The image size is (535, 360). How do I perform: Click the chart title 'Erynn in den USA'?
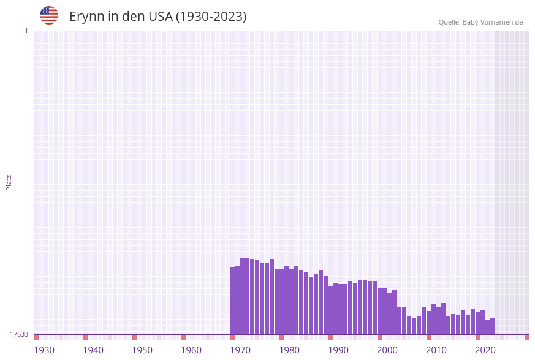click(x=157, y=17)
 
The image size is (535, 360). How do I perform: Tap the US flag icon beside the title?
click(x=49, y=15)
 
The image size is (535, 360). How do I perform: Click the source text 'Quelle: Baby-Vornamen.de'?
click(x=480, y=22)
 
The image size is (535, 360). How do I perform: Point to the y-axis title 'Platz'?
click(x=9, y=182)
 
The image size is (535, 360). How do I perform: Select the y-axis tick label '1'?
click(x=26, y=31)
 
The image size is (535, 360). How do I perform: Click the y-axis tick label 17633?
click(x=19, y=334)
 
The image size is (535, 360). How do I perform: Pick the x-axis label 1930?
click(x=44, y=350)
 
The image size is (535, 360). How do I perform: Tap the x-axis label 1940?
click(x=93, y=350)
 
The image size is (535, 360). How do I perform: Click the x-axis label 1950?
click(x=142, y=350)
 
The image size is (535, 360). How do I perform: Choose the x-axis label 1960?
click(x=191, y=350)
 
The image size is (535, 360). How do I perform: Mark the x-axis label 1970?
click(x=240, y=350)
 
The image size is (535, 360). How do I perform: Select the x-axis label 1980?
click(x=289, y=350)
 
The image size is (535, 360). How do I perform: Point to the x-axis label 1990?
click(x=338, y=350)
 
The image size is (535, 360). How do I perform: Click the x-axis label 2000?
click(x=387, y=350)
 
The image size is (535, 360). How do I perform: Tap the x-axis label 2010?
click(x=436, y=350)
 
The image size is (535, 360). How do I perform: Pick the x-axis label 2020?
click(x=485, y=350)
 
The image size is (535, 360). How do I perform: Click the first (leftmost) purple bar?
click(x=233, y=301)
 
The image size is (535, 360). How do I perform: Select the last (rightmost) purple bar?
click(x=492, y=326)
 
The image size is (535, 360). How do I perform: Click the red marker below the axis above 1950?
click(x=135, y=337)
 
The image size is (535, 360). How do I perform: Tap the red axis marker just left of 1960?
click(x=183, y=337)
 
